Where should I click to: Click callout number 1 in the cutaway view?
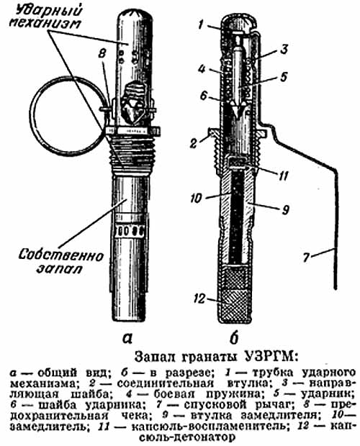(201, 25)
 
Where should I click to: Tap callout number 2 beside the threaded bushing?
(194, 143)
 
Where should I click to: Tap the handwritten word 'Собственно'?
(60, 255)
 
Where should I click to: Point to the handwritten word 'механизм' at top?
(45, 24)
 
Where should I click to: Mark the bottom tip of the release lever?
(336, 288)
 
